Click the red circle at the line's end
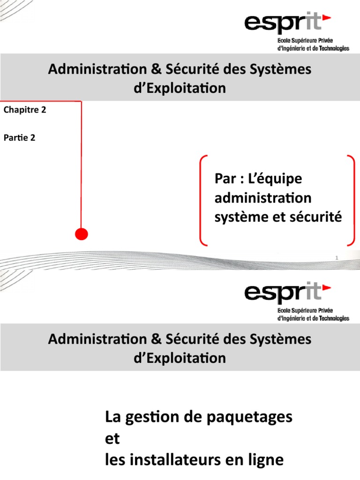(82, 234)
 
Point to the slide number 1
(337, 258)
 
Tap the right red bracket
(352, 201)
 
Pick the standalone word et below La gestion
(112, 439)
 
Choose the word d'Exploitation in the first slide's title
(180, 88)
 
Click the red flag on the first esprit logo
(327, 18)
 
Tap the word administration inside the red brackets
(262, 198)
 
